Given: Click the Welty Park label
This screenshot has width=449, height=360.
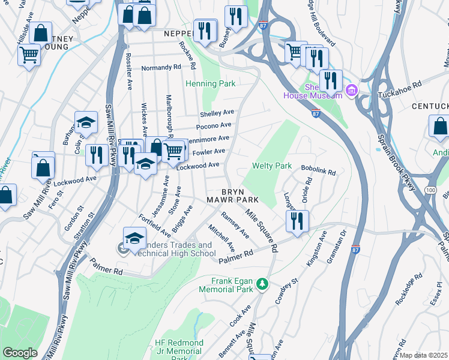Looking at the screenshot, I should [272, 166].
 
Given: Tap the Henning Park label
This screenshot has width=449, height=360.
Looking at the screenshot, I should [210, 84].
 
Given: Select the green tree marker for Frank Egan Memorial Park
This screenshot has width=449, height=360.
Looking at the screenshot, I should [262, 283].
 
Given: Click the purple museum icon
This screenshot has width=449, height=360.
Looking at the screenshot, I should [352, 91].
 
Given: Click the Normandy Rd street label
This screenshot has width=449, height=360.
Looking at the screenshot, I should [161, 68].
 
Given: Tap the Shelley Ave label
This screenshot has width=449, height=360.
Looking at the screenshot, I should [217, 113].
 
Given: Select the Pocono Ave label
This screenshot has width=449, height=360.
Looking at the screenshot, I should [214, 125].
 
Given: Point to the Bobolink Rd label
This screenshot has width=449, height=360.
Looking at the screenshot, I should [318, 171].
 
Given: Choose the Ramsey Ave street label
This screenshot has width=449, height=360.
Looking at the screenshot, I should [235, 225].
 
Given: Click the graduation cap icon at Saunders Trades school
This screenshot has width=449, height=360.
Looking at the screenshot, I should [134, 237].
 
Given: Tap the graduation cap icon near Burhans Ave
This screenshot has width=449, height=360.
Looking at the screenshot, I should [86, 122].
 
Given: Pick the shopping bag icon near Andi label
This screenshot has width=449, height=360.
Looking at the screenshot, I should [440, 127].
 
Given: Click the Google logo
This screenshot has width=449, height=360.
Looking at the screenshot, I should [19, 353].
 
